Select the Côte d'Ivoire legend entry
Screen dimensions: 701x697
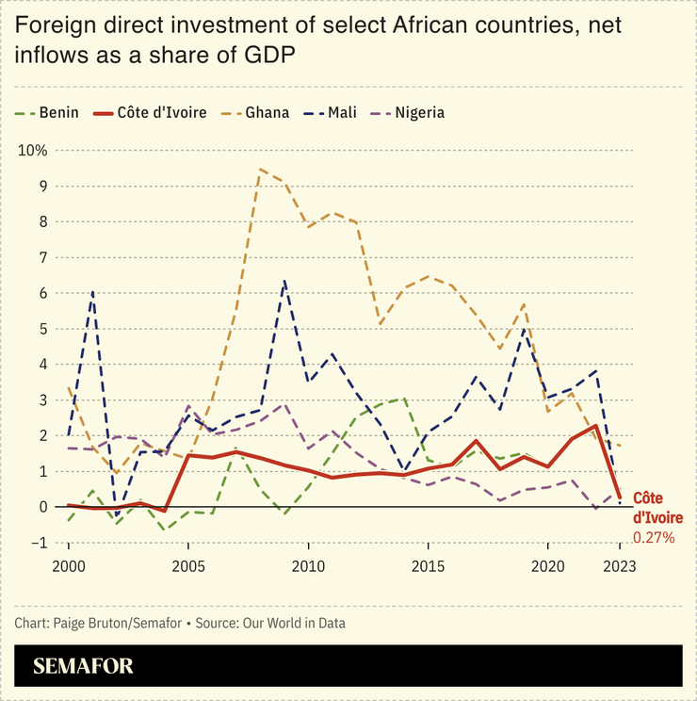[161, 113]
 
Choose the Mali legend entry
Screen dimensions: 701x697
[341, 113]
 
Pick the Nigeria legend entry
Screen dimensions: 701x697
[419, 113]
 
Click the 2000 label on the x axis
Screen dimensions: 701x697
[68, 566]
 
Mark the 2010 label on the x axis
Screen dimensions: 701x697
[308, 566]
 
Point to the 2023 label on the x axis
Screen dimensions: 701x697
[620, 566]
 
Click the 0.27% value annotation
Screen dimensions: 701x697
[654, 537]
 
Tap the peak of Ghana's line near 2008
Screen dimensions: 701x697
[260, 170]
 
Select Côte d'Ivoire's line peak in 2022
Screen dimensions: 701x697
[596, 426]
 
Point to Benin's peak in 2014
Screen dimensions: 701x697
[404, 399]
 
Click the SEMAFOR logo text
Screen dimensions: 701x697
[83, 666]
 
